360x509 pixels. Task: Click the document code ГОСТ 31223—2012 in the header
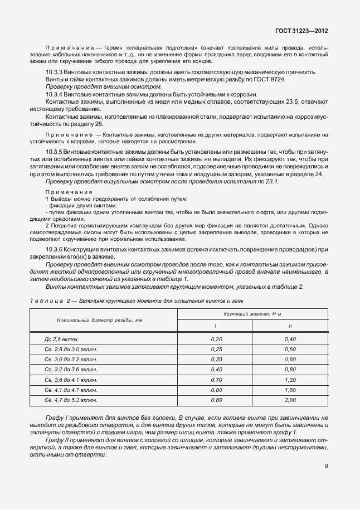coord(300,31)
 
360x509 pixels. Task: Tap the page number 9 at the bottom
coord(326,467)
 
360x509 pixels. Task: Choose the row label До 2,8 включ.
coord(61,339)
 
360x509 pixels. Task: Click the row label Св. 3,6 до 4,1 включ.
coord(71,380)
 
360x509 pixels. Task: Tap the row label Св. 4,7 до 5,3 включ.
coord(71,400)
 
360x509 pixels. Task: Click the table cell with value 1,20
coord(290,380)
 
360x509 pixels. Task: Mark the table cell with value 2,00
coord(290,400)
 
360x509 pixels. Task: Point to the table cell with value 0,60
coord(290,360)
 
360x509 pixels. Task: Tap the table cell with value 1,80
coord(290,390)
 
